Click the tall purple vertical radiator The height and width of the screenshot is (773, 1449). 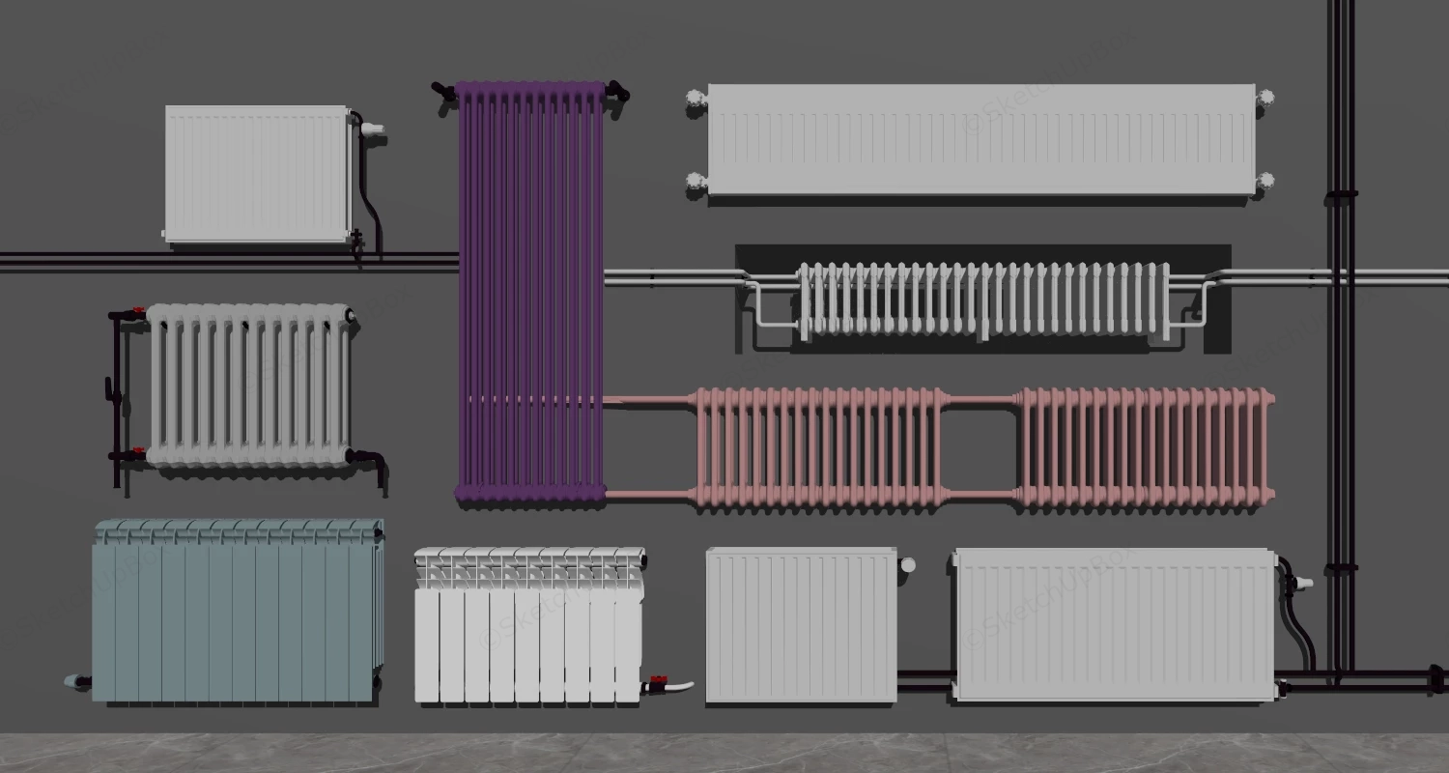tap(529, 290)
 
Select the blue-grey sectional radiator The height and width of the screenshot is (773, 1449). tap(237, 612)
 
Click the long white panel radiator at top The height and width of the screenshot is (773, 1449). tap(980, 140)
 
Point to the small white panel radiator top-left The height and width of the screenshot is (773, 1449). tap(258, 174)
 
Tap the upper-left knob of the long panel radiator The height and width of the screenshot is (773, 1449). tap(694, 97)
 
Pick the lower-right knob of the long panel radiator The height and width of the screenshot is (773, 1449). tap(1265, 181)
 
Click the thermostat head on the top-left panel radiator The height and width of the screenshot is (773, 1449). tap(374, 128)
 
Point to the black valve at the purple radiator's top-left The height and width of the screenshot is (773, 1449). tap(443, 93)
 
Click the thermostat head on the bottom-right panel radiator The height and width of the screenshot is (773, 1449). tap(1302, 583)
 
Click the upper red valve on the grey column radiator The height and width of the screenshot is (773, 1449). tap(138, 313)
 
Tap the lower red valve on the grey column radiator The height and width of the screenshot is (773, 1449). tap(138, 454)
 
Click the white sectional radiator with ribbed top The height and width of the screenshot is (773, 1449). tap(528, 625)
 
